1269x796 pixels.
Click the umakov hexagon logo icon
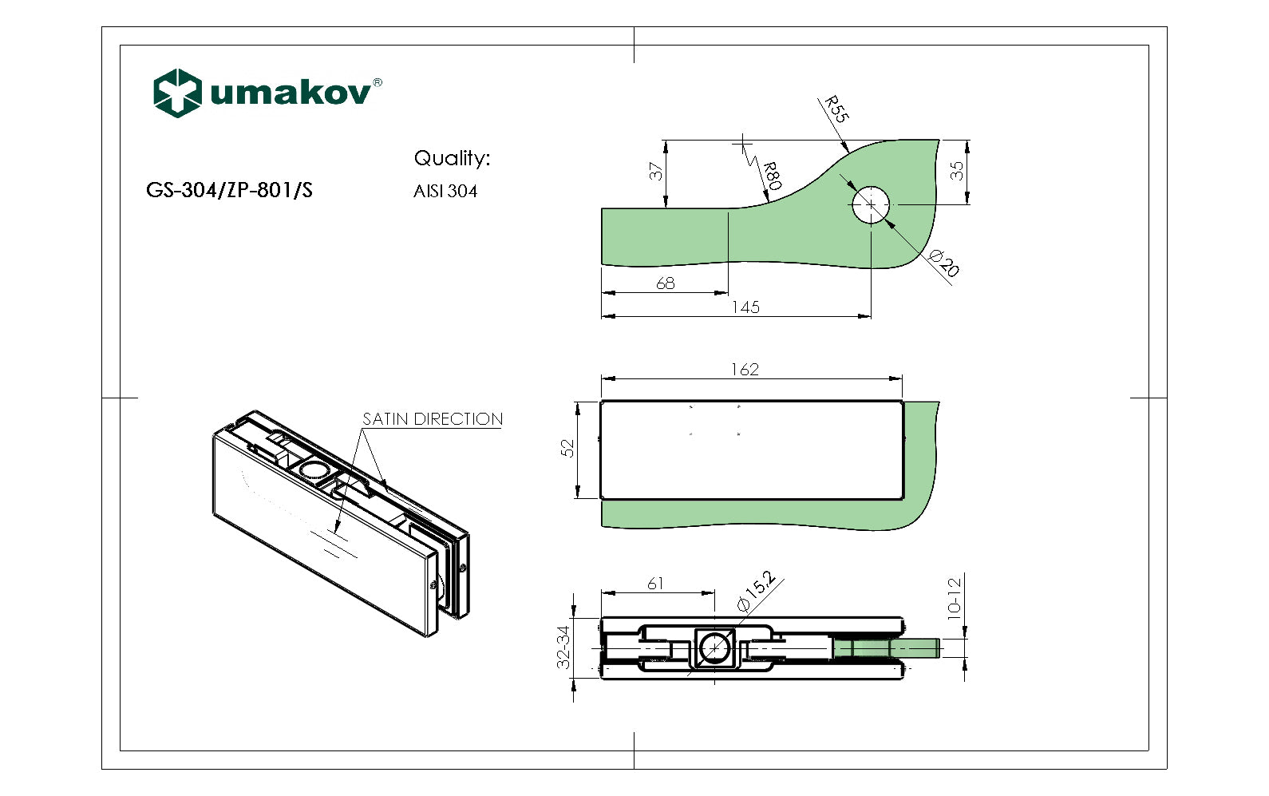point(176,93)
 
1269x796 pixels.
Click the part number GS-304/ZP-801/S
point(229,190)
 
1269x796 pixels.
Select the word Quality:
point(452,158)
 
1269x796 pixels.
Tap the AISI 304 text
point(445,192)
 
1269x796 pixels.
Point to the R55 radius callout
point(836,109)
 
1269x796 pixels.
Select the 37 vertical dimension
point(656,172)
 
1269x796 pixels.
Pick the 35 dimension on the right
point(957,171)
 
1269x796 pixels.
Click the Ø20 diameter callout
point(944,263)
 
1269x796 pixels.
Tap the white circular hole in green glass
point(870,204)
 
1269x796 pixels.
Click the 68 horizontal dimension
point(665,283)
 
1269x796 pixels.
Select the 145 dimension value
point(745,307)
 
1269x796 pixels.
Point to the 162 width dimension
point(745,370)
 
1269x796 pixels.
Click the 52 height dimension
point(567,449)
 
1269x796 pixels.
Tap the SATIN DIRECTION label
point(433,419)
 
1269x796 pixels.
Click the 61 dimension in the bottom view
point(655,584)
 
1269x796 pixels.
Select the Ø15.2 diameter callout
point(755,591)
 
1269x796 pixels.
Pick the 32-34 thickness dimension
point(563,647)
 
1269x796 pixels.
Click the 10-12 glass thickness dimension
point(955,597)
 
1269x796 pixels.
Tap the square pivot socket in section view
point(714,647)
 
